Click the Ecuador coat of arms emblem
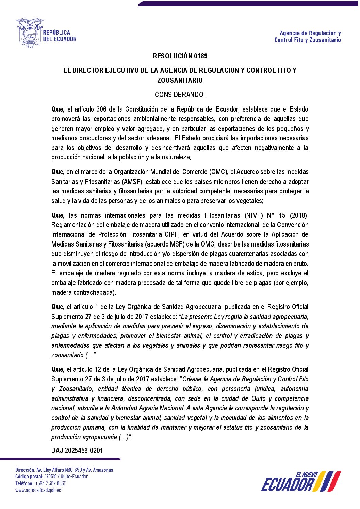click(29, 33)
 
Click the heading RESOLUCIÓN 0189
click(180, 56)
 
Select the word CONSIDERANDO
click(180, 95)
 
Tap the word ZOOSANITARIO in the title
click(180, 80)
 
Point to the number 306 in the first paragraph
click(101, 109)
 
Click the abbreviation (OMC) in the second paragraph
click(218, 172)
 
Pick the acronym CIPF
click(172, 234)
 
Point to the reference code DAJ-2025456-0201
click(77, 451)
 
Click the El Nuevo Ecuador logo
click(301, 481)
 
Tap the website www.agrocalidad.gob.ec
click(38, 490)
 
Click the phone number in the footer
click(50, 483)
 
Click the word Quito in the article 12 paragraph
click(258, 398)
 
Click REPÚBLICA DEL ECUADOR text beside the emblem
click(59, 36)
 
